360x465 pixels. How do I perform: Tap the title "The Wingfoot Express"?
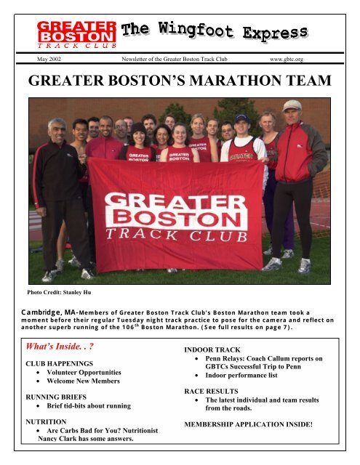point(214,31)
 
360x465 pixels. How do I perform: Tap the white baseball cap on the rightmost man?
point(292,105)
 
